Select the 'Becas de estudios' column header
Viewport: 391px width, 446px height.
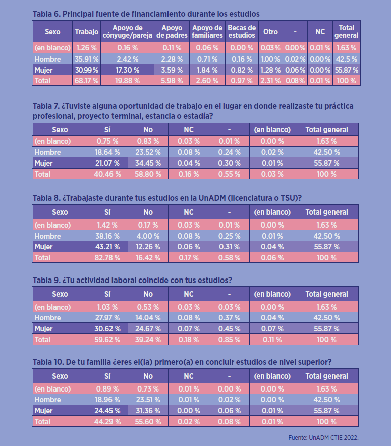tap(242, 31)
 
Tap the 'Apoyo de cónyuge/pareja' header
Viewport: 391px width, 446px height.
tap(128, 31)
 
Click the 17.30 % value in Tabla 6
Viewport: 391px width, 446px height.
tap(128, 70)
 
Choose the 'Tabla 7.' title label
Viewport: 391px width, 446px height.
tap(46, 106)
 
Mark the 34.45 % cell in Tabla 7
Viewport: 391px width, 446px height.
tap(148, 163)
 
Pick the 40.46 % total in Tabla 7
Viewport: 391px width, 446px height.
tap(107, 174)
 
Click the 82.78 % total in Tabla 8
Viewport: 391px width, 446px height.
tap(107, 257)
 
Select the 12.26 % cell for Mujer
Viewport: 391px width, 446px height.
tap(148, 247)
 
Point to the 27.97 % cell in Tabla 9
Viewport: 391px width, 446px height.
tap(107, 318)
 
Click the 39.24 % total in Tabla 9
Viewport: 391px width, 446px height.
tap(148, 340)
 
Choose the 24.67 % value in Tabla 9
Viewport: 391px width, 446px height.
tap(148, 328)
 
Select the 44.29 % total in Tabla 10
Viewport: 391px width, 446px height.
tap(107, 421)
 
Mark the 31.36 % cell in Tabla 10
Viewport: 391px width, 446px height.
tap(148, 411)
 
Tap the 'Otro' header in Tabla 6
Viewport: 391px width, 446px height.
tap(270, 31)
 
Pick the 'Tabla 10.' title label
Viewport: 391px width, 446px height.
tap(48, 361)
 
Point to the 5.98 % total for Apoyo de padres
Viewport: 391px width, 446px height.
tap(172, 80)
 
